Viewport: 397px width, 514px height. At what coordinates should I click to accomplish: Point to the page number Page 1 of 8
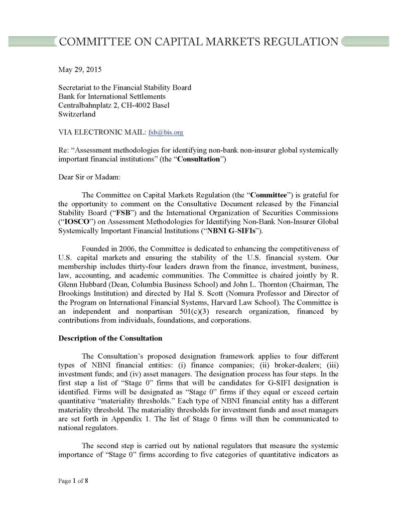73,480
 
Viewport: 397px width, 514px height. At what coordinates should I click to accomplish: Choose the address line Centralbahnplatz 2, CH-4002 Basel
114,105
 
